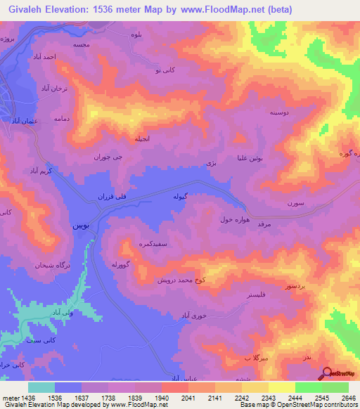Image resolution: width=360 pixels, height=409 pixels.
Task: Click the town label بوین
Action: pos(81,226)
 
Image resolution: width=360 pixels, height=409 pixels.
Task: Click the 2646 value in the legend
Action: pos(349,398)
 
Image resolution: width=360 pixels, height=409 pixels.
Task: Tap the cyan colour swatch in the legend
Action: pos(41,387)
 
